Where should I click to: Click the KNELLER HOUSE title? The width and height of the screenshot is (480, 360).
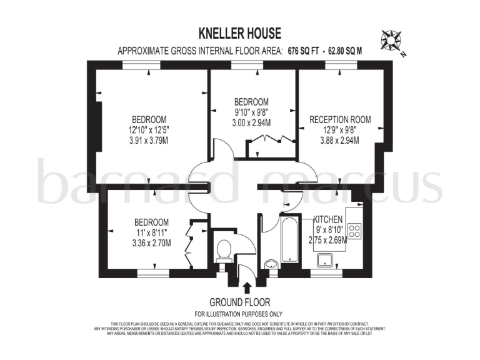coord(240,33)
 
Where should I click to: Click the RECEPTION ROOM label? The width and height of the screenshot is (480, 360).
coord(340,119)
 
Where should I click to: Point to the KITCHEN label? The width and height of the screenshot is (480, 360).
coord(327,219)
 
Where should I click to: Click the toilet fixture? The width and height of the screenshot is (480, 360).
coord(223,251)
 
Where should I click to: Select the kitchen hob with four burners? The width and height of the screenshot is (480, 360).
coord(354,231)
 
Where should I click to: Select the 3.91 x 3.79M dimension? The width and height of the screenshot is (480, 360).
coord(150,141)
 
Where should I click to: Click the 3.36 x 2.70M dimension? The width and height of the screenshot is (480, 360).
coord(152,243)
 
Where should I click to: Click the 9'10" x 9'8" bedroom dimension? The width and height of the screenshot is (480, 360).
coord(251,112)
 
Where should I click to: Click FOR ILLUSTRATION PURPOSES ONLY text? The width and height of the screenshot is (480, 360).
coord(239,314)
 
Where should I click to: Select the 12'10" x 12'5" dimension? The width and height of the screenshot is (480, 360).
coord(150,130)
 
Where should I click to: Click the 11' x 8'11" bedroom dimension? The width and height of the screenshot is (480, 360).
coord(152,232)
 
